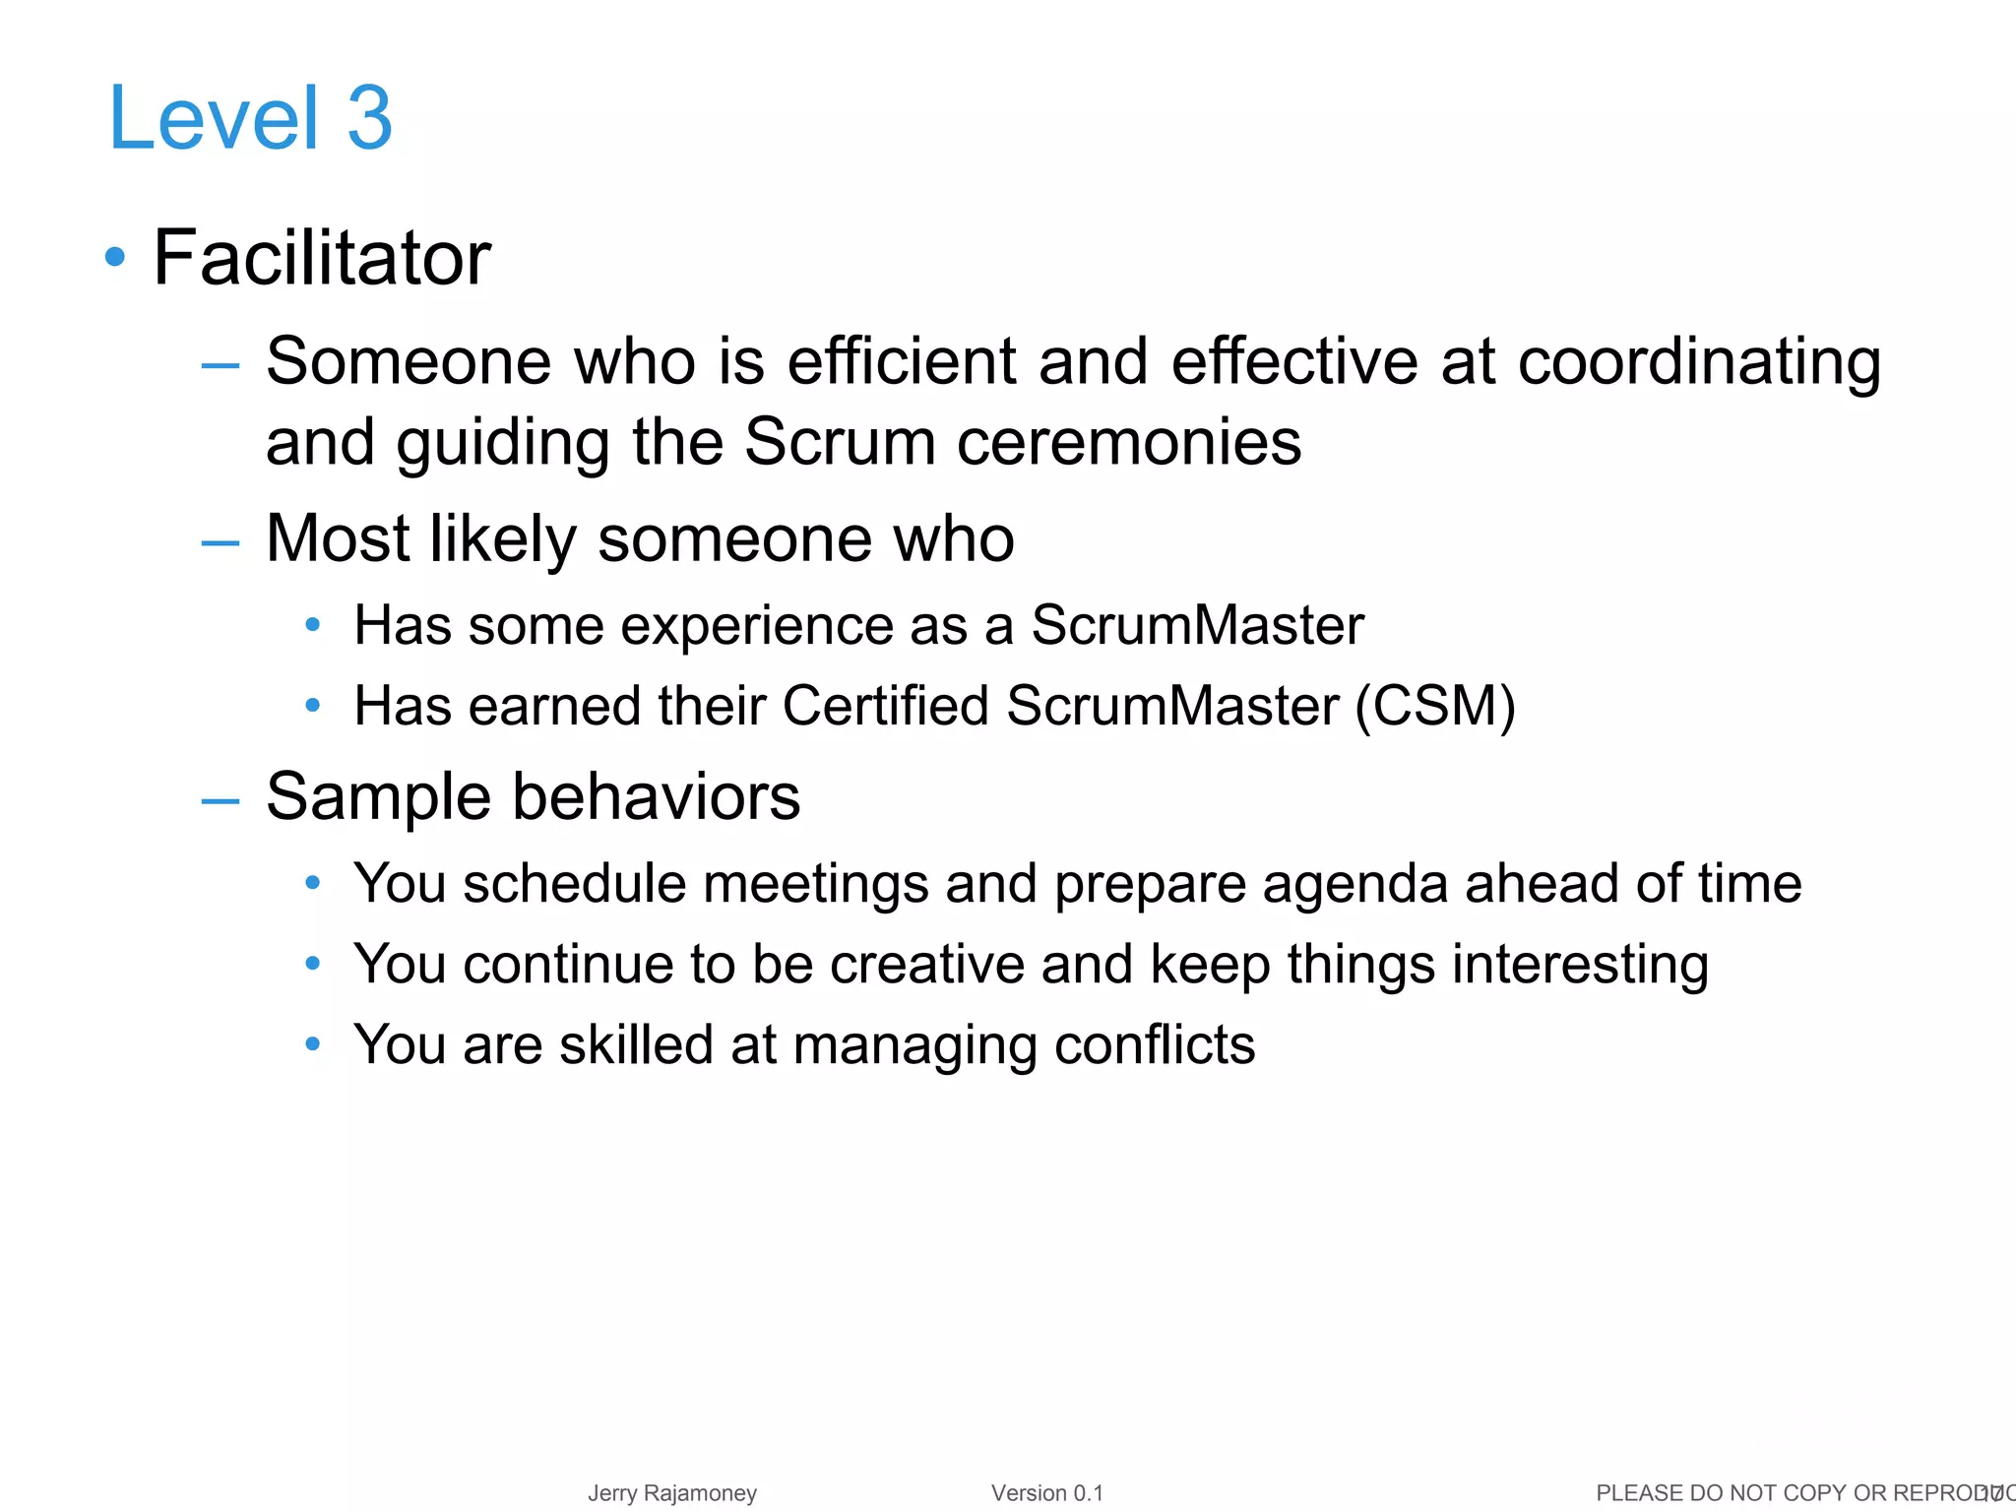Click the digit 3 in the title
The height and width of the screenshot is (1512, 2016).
tap(369, 118)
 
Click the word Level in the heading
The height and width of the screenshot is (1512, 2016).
tap(214, 118)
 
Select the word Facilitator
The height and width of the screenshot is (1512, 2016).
tap(322, 258)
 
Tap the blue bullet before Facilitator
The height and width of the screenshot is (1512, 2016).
tap(115, 257)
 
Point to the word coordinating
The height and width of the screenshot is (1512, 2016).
tap(1699, 361)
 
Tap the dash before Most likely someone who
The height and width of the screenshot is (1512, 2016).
tap(220, 541)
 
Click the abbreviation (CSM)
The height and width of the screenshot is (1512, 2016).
tap(1434, 706)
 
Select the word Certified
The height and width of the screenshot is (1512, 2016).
tap(885, 706)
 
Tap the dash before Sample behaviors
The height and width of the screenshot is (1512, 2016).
tap(220, 800)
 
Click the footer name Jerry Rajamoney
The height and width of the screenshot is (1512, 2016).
tap(672, 1493)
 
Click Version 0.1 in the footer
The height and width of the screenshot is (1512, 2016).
tap(1046, 1493)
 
